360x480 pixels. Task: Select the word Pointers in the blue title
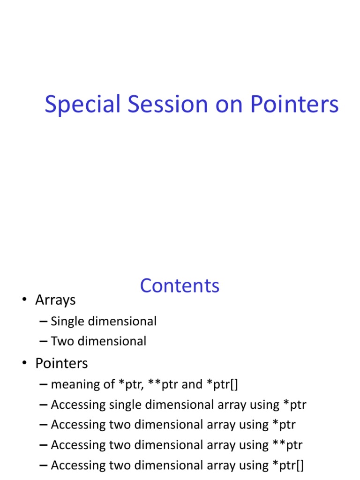[294, 105]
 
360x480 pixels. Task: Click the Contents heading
[180, 285]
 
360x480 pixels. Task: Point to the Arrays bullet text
[55, 300]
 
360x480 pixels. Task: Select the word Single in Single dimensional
[67, 322]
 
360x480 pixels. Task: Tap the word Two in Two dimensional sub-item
[61, 341]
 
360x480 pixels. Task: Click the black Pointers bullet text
[61, 363]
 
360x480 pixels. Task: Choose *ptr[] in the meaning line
[220, 384]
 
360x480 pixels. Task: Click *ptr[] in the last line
[288, 465]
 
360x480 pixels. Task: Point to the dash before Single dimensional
[44, 322]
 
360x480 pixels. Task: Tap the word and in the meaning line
[191, 384]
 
